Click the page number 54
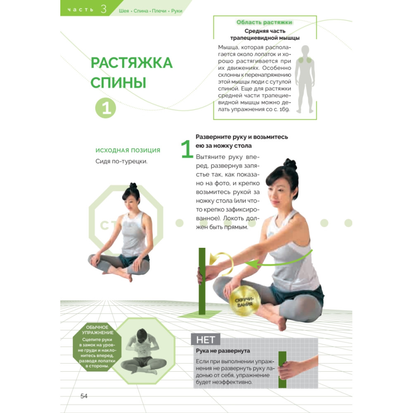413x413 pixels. coord(84,396)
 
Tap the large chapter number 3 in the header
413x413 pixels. coord(104,9)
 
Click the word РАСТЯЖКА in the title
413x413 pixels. coord(131,63)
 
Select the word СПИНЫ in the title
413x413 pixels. coord(118,83)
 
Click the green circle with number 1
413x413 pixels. coord(106,108)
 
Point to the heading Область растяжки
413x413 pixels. coord(264,22)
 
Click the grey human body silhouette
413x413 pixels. coord(305,79)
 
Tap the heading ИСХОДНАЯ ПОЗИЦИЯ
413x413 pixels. coord(128,150)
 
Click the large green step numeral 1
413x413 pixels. coord(187,149)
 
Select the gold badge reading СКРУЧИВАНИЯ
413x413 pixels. coord(244,301)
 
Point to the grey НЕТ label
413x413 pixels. coord(205,339)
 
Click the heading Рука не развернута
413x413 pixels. coord(223,351)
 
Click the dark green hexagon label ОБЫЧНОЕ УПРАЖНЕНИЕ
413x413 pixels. coord(97,347)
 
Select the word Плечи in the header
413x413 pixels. coord(159,11)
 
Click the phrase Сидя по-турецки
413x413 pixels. coord(121,161)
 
